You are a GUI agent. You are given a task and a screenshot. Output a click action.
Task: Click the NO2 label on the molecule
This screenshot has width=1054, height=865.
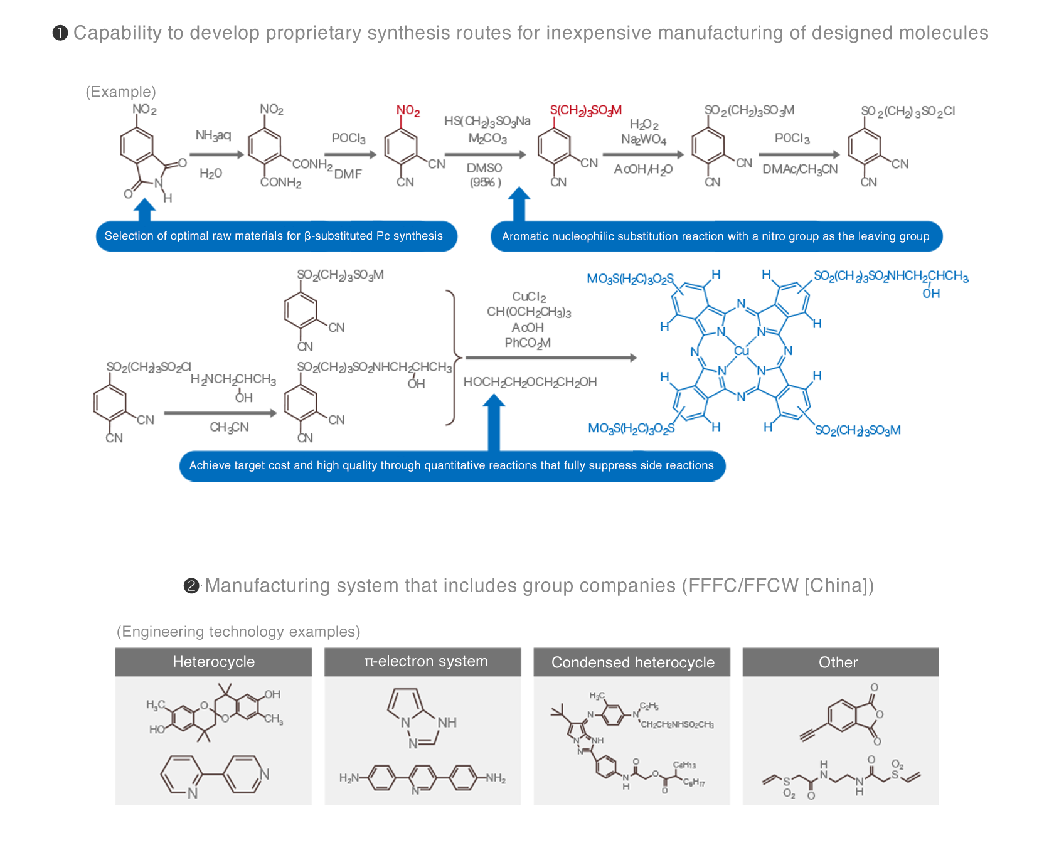tap(144, 110)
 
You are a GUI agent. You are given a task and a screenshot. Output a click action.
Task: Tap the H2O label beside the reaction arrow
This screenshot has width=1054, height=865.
tap(211, 174)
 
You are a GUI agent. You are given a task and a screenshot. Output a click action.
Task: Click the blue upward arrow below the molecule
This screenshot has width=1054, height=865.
tap(145, 209)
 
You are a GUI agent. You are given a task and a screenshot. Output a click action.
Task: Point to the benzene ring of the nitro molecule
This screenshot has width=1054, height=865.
tap(136, 146)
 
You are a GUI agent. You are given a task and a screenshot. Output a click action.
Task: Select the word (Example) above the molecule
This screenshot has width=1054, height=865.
tap(120, 92)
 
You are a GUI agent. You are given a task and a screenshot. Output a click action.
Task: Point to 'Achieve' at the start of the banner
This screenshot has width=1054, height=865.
tap(208, 465)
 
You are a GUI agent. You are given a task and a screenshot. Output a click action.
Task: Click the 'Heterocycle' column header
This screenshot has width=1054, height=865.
tap(214, 662)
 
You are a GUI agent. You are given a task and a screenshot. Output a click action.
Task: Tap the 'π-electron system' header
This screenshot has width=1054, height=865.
tap(426, 661)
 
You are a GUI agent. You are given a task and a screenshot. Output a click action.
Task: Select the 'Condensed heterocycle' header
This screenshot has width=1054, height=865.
tap(633, 662)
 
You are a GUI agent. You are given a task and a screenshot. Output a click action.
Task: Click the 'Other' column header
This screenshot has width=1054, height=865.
tap(838, 662)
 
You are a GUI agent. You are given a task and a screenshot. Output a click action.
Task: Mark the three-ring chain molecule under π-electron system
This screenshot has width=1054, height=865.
tap(423, 778)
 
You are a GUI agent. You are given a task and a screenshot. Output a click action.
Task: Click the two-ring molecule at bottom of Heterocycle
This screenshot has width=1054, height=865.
tap(211, 775)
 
